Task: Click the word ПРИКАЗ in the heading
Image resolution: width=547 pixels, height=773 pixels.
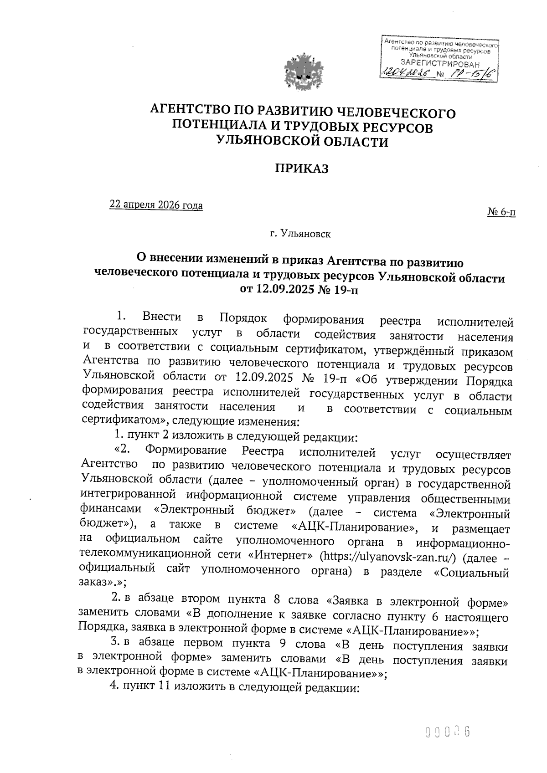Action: click(x=301, y=169)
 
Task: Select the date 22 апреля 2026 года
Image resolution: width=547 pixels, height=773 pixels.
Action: click(x=156, y=205)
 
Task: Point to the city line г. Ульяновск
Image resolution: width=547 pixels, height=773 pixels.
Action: click(x=300, y=235)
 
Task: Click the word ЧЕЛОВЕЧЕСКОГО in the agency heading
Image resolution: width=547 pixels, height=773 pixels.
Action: click(x=396, y=113)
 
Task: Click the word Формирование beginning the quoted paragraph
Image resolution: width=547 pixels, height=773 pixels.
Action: click(x=186, y=452)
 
